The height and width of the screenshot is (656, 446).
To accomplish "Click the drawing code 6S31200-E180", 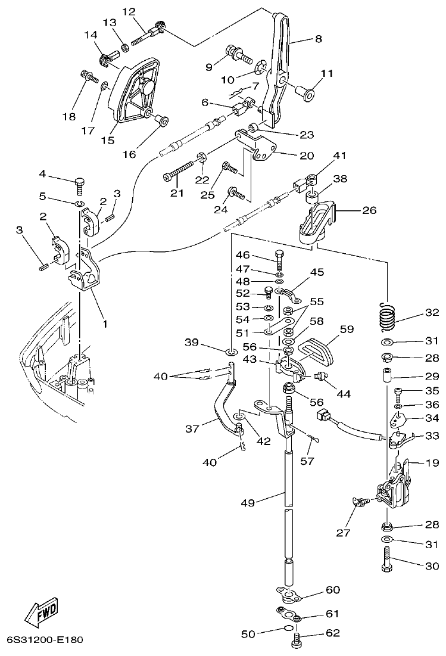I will [45, 641].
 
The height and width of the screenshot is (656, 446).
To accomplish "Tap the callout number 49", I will [248, 503].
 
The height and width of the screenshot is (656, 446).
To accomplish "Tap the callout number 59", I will [347, 328].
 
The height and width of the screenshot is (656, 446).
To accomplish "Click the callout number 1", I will [105, 325].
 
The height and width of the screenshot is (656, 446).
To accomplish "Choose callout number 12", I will [129, 11].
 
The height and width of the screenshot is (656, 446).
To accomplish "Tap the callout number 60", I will [332, 590].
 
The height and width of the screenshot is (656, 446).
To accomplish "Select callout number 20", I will [306, 156].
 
